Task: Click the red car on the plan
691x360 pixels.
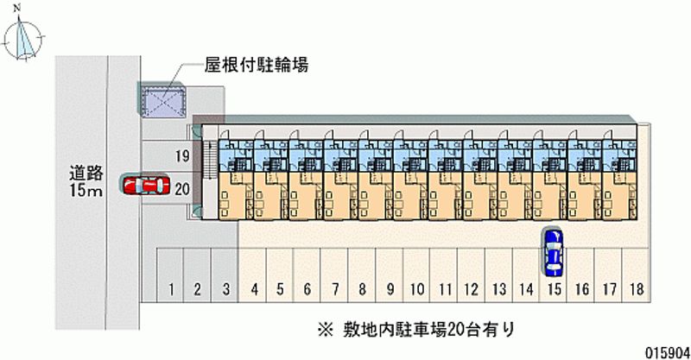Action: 145,185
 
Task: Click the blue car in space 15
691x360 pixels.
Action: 553,250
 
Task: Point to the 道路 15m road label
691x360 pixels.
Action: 86,180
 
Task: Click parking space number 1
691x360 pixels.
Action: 173,288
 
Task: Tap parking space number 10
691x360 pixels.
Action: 416,288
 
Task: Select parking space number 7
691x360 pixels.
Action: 334,288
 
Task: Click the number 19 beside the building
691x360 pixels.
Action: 181,156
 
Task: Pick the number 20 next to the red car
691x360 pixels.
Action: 181,187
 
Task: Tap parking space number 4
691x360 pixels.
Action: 254,288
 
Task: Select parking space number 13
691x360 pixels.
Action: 499,288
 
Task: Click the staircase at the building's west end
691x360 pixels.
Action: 208,171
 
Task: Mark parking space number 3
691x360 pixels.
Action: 225,288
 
